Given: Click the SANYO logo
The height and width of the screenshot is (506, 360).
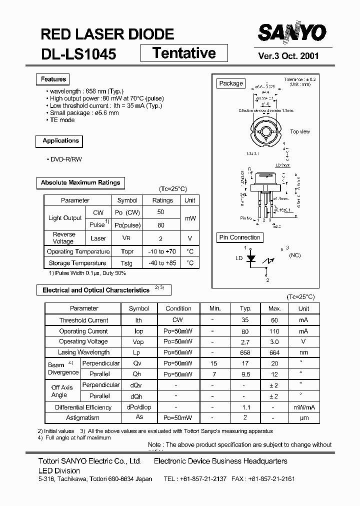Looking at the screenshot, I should (292, 33).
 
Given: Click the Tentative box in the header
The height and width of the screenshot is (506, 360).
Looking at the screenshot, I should (184, 53).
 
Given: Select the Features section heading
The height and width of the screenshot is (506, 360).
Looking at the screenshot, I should (53, 79).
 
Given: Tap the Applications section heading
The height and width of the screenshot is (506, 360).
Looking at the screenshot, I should (60, 141).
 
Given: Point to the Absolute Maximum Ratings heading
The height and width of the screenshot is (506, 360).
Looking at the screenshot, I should (80, 183).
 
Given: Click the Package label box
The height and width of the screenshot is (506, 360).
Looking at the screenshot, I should (231, 83).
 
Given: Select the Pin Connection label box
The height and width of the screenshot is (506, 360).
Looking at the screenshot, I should (240, 237).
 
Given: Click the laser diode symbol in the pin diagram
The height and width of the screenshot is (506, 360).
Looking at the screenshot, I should (252, 259).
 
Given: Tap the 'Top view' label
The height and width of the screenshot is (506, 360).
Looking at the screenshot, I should (300, 131).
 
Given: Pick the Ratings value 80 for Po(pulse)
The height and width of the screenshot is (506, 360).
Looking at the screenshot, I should (161, 225).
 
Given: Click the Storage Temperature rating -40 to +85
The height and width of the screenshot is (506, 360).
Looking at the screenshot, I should (162, 263).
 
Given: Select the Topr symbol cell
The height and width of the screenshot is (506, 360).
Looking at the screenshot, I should (127, 251).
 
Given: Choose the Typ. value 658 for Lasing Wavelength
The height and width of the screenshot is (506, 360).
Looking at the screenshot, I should (245, 352).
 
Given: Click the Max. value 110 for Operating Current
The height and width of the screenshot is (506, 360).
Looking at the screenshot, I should (274, 331).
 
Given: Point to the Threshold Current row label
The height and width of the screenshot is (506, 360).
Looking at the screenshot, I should (83, 320).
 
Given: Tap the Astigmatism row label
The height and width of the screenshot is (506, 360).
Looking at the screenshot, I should (82, 417).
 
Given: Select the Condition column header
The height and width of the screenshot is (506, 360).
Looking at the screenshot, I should (178, 308).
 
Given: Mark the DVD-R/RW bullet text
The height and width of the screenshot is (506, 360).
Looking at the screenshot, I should (64, 159).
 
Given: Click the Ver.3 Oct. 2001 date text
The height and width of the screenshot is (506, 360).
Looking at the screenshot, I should (288, 56).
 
